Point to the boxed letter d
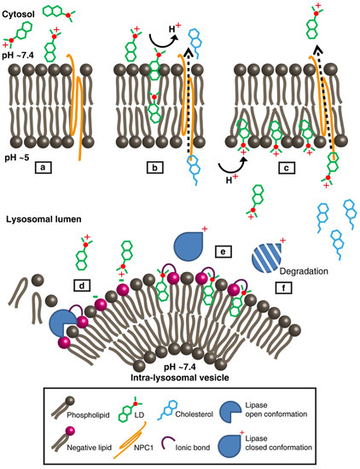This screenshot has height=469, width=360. coord(82,285)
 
